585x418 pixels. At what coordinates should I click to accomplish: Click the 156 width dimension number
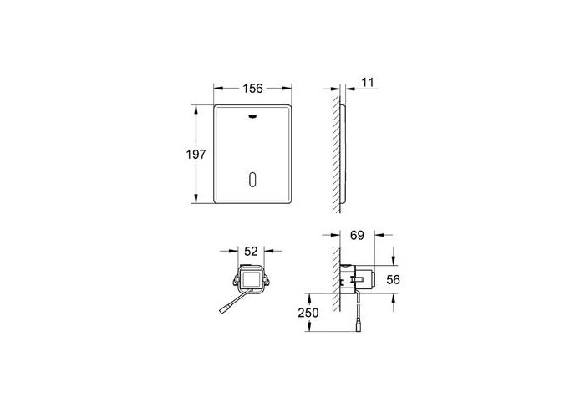coord(252,89)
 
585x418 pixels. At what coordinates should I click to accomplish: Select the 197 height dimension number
coord(196,154)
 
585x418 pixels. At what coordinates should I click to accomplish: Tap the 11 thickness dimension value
coord(368,83)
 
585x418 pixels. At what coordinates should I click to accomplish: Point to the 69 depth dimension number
coord(357,236)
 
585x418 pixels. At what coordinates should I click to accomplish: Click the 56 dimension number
coord(393,279)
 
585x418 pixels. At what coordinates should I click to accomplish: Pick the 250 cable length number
coord(308,313)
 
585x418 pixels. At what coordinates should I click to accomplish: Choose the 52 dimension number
coord(251,252)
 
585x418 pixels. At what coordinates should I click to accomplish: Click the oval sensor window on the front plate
coord(252,181)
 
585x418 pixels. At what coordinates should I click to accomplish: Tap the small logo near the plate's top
coord(252,116)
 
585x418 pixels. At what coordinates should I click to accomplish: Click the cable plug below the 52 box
coord(224,309)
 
